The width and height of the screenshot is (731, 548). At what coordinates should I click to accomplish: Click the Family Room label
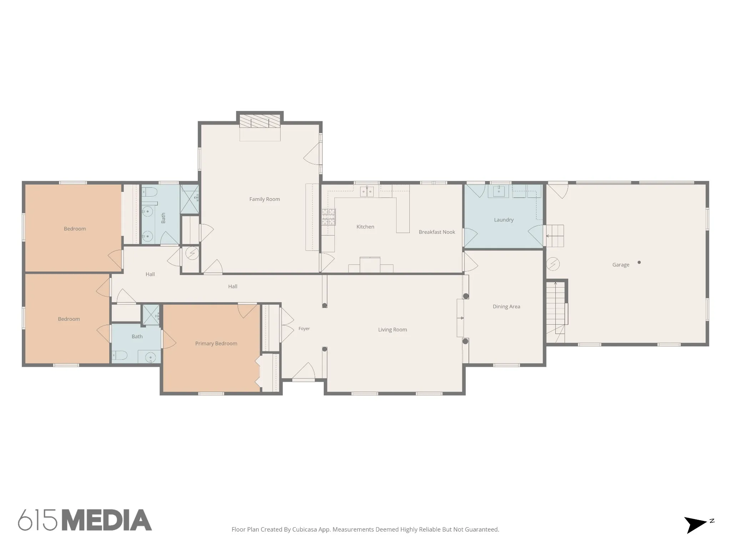[264, 199]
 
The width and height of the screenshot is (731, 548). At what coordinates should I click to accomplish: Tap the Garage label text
[621, 265]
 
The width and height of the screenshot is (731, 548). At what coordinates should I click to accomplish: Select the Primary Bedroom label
[216, 344]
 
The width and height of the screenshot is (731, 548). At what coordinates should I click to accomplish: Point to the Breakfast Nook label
[437, 232]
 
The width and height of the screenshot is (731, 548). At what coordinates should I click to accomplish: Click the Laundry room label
[504, 220]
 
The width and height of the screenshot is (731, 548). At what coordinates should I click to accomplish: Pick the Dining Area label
[506, 306]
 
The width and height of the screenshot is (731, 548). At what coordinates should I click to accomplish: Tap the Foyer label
[304, 329]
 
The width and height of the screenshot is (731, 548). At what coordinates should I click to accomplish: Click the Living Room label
[392, 330]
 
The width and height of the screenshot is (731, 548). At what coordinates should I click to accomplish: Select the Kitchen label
[365, 227]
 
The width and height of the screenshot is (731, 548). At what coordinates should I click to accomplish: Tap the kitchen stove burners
[329, 217]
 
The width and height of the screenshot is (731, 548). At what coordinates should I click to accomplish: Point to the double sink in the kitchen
[367, 192]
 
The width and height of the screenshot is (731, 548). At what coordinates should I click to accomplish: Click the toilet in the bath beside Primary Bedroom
[120, 355]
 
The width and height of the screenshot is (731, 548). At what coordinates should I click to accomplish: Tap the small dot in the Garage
[639, 262]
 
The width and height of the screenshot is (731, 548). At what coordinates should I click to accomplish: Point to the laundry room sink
[498, 191]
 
